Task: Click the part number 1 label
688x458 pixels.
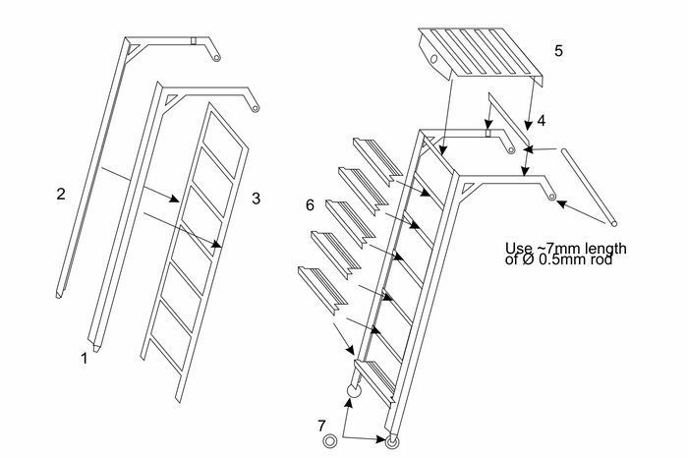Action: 84,359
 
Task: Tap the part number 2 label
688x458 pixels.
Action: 61,194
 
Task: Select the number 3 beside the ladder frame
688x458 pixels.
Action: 256,199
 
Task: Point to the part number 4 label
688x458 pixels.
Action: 541,121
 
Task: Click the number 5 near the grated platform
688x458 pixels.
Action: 558,50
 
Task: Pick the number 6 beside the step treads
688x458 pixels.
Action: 310,204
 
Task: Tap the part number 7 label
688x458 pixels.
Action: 321,426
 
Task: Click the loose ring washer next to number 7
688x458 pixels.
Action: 329,441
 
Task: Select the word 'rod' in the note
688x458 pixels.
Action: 602,259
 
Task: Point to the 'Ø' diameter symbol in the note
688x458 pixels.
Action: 528,259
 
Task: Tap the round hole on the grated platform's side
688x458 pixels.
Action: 433,59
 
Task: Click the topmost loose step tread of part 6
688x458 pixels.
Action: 377,159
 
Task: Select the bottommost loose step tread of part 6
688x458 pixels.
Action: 322,290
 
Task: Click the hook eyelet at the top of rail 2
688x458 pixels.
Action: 216,57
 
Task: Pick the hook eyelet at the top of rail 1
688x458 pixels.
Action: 256,108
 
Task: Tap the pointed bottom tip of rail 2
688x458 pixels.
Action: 58,297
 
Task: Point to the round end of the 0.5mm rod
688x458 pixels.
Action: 614,224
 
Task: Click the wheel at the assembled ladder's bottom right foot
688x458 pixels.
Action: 392,441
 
